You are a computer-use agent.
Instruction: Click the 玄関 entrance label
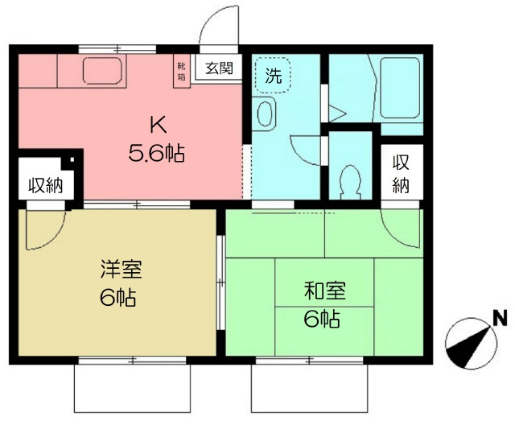220,68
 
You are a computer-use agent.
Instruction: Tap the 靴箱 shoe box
182,72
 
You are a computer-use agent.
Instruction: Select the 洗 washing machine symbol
273,76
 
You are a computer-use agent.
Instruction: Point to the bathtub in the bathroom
400,88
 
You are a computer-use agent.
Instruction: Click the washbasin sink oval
265,114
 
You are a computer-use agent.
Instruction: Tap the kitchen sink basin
102,71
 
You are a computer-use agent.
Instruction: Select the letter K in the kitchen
159,125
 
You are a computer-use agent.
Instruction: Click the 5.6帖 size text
156,153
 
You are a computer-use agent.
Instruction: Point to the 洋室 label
122,270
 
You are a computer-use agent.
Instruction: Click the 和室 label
325,291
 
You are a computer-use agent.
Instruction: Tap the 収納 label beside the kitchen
45,186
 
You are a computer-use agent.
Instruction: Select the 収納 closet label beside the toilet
401,174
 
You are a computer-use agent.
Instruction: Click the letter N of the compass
501,318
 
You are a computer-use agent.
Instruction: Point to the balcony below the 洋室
132,388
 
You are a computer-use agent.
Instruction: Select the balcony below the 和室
310,388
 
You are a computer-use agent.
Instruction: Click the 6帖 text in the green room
322,319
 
